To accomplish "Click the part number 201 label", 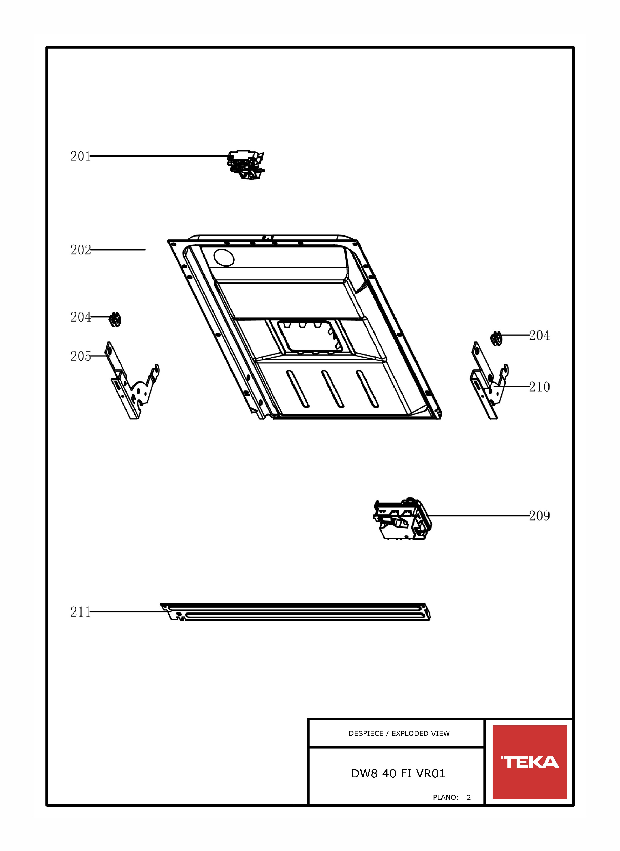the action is [x=81, y=156].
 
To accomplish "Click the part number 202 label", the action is [x=81, y=250].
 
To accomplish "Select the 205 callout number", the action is [x=81, y=356].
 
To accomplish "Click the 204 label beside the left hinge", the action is [x=81, y=317].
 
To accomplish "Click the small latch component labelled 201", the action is [x=246, y=165].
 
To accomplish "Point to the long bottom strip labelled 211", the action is [x=295, y=612].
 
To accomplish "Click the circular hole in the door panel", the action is [x=224, y=258].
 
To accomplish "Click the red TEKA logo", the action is [x=530, y=762].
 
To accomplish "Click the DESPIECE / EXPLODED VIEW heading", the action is [x=399, y=733].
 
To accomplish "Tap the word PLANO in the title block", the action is [x=445, y=797].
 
